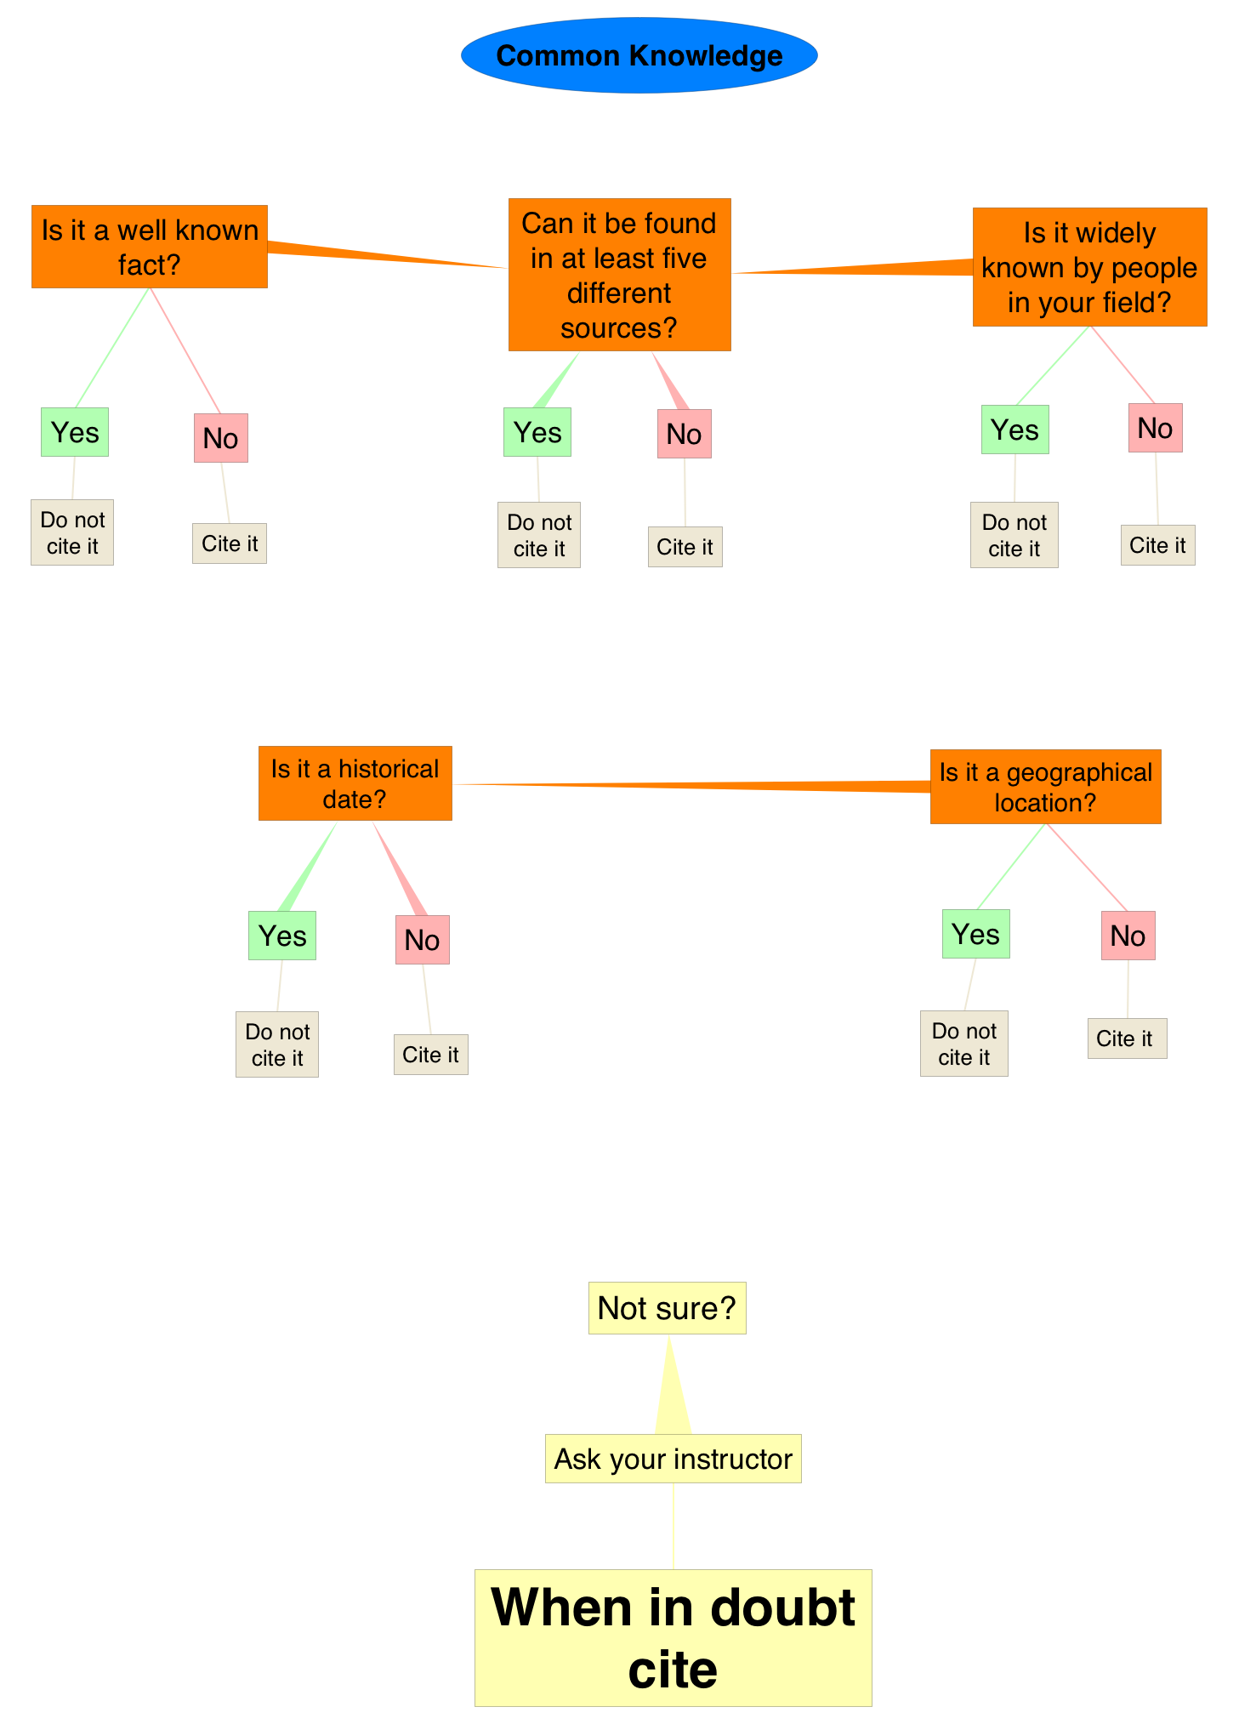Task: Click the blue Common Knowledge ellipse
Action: click(x=639, y=55)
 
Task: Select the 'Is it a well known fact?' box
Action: click(x=150, y=247)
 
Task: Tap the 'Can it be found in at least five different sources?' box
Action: click(x=619, y=275)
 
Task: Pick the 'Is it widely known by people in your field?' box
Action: click(x=1089, y=267)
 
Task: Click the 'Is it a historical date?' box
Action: click(x=355, y=783)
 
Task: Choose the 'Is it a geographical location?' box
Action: click(x=1045, y=787)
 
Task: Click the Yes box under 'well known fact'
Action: click(x=75, y=432)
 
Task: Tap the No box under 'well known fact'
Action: click(x=220, y=438)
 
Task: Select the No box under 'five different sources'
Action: click(x=684, y=434)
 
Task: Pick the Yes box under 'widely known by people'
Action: click(x=1015, y=430)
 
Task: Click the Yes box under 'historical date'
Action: click(x=281, y=936)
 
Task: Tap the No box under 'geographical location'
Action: click(x=1128, y=936)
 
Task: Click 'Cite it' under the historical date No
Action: click(x=430, y=1055)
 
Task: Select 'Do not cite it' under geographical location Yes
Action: click(x=963, y=1044)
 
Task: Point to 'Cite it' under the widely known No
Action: click(x=1157, y=545)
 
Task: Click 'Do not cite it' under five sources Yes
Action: click(x=539, y=535)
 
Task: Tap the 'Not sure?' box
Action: click(x=667, y=1308)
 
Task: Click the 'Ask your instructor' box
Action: click(x=673, y=1459)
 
